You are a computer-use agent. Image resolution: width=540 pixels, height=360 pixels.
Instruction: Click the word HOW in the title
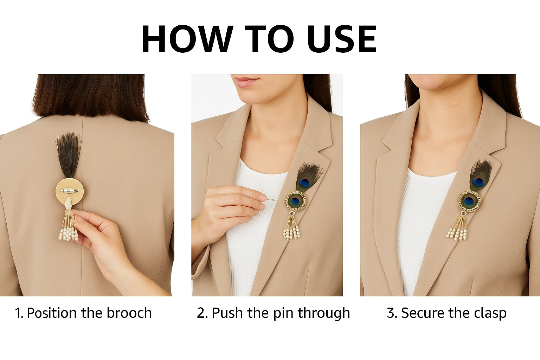pyautogui.click(x=187, y=39)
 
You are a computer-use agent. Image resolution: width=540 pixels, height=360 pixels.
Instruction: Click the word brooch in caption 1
pyautogui.click(x=129, y=313)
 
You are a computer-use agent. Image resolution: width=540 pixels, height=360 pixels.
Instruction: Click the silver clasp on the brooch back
pyautogui.click(x=69, y=191)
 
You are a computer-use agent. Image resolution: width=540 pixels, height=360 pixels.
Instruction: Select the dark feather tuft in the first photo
pyautogui.click(x=69, y=154)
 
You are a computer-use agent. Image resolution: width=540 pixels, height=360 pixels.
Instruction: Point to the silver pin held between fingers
pyautogui.click(x=272, y=200)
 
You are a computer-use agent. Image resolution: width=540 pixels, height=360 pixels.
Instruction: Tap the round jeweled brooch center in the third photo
pyautogui.click(x=469, y=201)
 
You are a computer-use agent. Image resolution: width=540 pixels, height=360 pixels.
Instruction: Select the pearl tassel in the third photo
pyautogui.click(x=457, y=228)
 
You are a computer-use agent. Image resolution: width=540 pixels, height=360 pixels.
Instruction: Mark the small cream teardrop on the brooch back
pyautogui.click(x=69, y=202)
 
